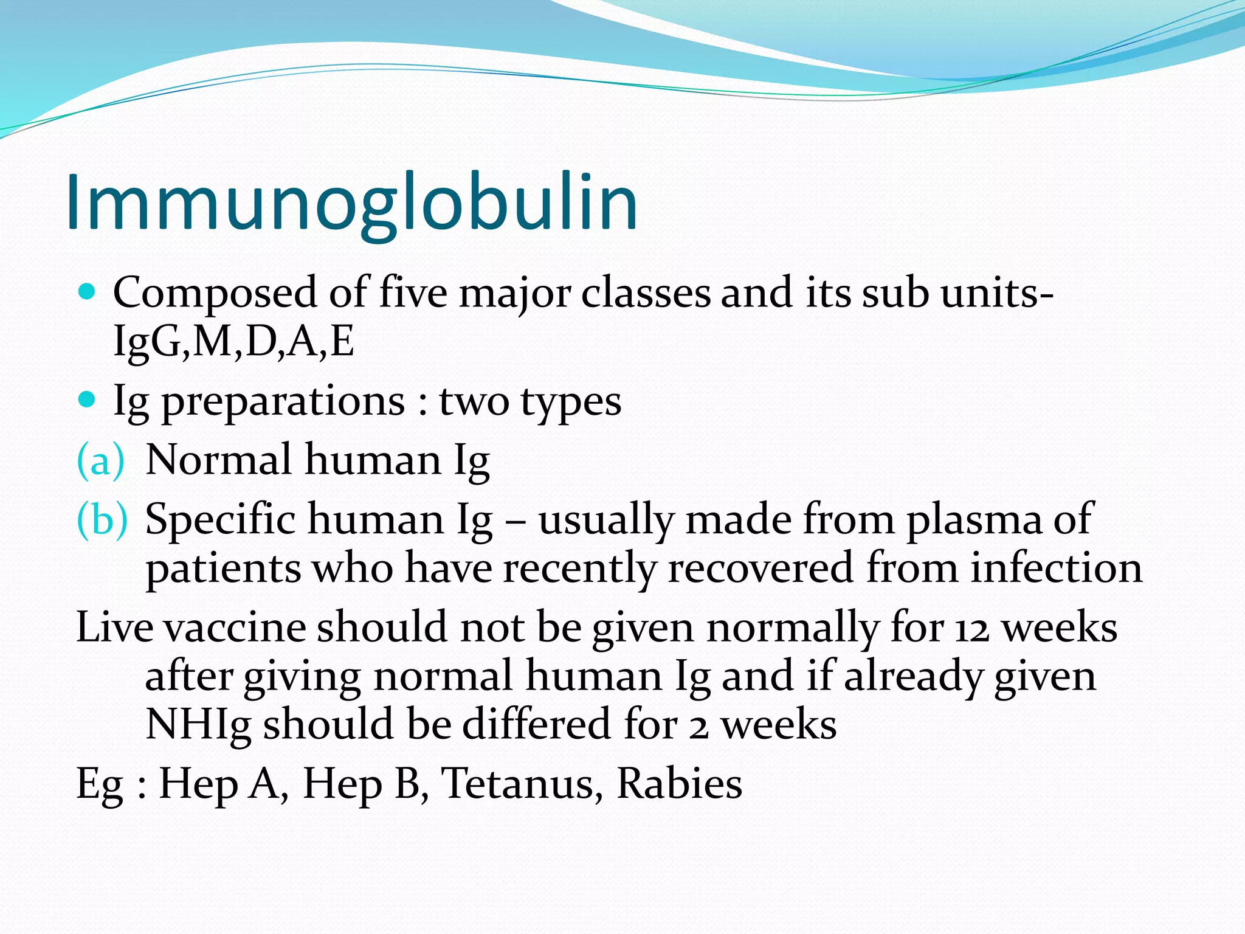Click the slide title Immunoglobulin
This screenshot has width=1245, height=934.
pyautogui.click(x=352, y=203)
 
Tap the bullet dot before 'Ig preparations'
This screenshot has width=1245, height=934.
pyautogui.click(x=88, y=400)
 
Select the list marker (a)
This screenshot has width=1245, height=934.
pyautogui.click(x=100, y=460)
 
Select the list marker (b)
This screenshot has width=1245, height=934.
pyautogui.click(x=102, y=520)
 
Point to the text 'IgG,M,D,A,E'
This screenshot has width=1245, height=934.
pyautogui.click(x=233, y=342)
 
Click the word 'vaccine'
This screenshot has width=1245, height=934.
pyautogui.click(x=235, y=628)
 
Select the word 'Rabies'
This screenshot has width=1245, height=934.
pyautogui.click(x=680, y=783)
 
